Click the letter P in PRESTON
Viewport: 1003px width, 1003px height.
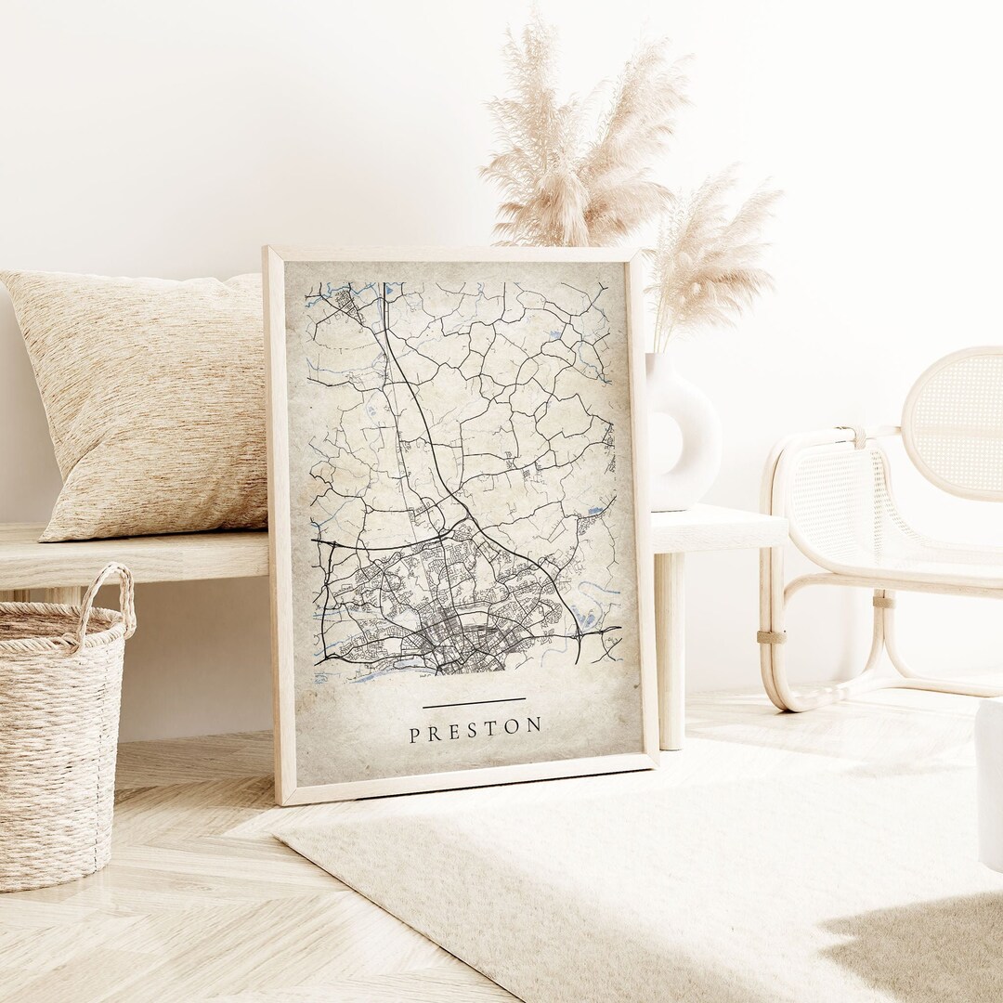(414, 736)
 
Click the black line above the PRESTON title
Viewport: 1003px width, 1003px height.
(474, 703)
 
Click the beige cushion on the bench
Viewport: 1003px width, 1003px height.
(149, 399)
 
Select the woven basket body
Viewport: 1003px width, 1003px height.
(56, 743)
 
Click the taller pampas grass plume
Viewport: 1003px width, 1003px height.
(576, 139)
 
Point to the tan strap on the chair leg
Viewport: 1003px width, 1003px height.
(770, 636)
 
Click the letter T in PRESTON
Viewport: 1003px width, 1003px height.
(493, 728)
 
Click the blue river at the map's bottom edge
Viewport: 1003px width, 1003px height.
(371, 675)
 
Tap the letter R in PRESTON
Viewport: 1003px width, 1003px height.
(434, 734)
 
